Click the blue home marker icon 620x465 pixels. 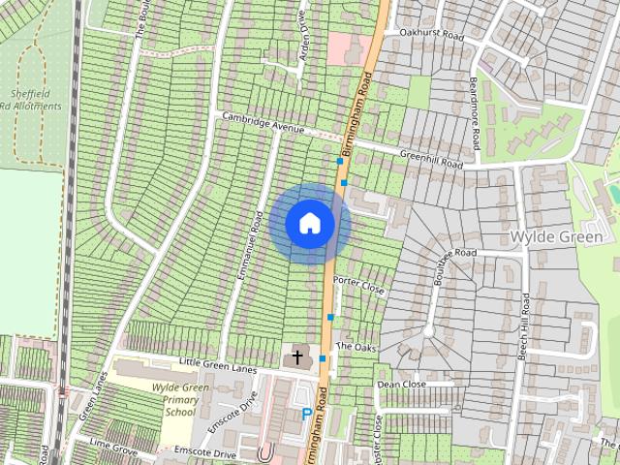pos(310,223)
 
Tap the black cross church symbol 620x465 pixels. pos(296,358)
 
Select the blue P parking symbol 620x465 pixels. pos(307,414)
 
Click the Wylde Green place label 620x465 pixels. pos(555,236)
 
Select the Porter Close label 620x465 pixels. pos(358,285)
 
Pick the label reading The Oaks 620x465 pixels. pos(355,346)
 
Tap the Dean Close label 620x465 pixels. pos(401,384)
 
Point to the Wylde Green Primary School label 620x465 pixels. pos(180,399)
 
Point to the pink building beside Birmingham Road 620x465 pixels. pos(342,47)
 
